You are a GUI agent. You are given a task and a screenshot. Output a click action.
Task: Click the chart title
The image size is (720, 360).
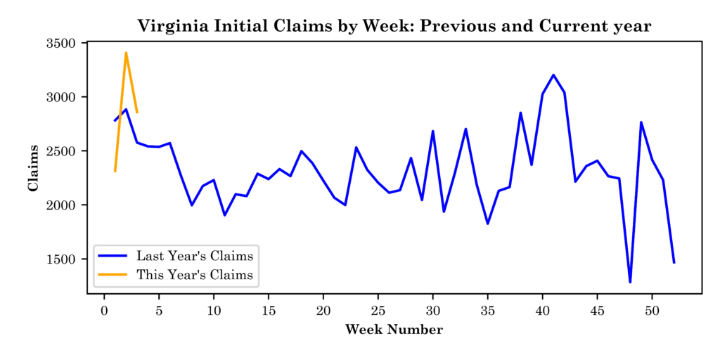pos(394,26)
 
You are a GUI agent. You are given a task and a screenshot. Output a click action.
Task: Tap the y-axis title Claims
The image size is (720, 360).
pos(33,168)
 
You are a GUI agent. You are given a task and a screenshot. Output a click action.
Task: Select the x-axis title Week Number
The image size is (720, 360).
pos(394,330)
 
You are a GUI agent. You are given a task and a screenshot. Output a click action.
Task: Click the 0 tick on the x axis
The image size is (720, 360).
pos(104,310)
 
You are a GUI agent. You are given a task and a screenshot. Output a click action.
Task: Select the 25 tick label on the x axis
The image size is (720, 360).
pos(378,310)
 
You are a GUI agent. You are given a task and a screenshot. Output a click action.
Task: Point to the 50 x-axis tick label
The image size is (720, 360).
pos(652,310)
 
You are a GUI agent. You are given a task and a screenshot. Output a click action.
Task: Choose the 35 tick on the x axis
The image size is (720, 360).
pos(487,310)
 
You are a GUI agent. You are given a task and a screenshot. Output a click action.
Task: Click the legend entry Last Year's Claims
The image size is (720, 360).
pos(194,255)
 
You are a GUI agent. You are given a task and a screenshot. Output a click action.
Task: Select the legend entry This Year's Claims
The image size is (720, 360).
pos(194,274)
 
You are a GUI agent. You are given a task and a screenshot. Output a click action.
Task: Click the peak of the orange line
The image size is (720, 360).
pos(126,53)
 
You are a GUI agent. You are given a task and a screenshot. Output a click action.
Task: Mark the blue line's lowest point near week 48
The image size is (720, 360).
pos(630,282)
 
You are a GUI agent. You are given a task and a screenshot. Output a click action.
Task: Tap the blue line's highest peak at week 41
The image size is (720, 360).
pos(553,75)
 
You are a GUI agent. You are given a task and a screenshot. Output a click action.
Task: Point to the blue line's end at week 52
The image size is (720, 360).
pos(674,262)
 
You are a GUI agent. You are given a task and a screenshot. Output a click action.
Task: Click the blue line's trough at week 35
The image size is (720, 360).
pos(487,224)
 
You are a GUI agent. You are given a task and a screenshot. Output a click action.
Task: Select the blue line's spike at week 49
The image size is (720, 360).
pos(641,122)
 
